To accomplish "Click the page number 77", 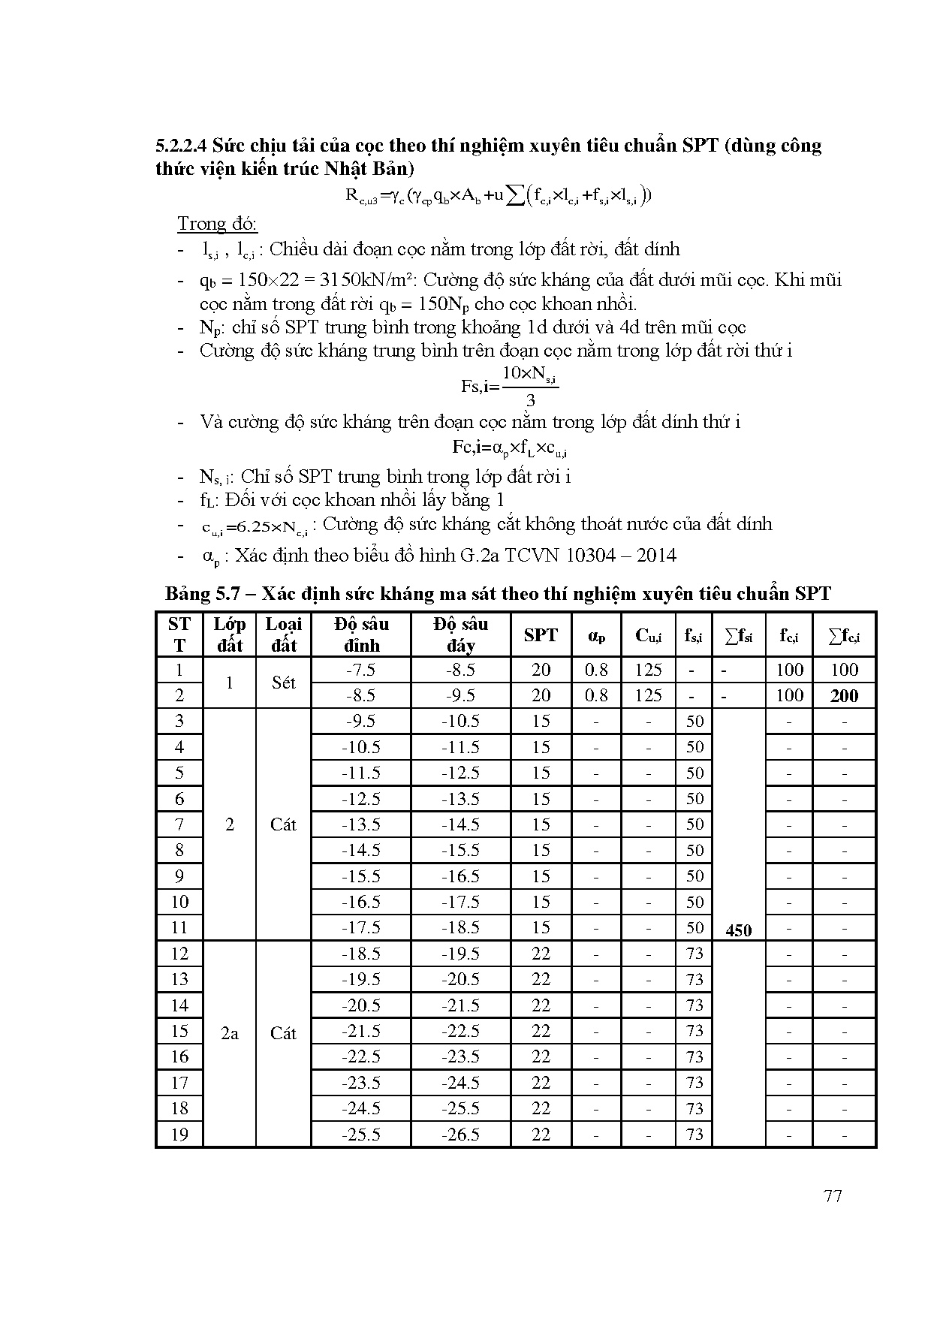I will pos(833,1197).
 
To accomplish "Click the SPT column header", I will pos(541,635).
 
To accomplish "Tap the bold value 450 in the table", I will pos(739,930).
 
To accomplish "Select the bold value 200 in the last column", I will pos(844,695).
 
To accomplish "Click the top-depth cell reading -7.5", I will pos(360,670).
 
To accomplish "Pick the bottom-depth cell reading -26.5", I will pos(460,1135).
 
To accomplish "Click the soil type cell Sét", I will pos(283,683).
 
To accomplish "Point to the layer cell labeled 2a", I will pos(229,1033).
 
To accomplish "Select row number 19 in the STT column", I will pos(179,1135).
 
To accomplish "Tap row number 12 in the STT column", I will pos(179,954).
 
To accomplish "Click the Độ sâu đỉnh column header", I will pos(361,635).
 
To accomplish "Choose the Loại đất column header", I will pos(283,635).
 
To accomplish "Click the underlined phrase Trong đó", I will pos(217,224).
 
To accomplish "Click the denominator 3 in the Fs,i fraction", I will pos(530,399).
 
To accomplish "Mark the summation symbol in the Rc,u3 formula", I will pos(515,196).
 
